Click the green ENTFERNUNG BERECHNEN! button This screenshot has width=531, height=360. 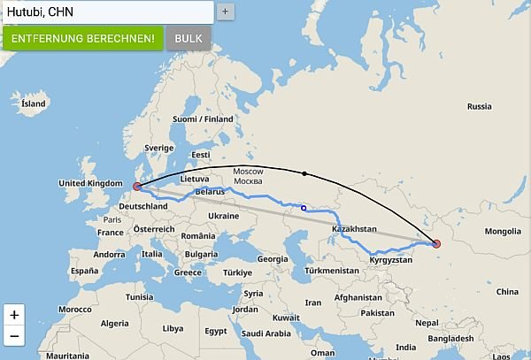(x=82, y=38)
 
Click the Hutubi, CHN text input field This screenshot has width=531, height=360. (x=106, y=11)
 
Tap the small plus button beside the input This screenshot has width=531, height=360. (x=226, y=11)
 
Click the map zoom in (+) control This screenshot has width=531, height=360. (x=14, y=314)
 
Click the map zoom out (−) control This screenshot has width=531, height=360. (x=14, y=336)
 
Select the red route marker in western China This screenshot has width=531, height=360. (x=435, y=244)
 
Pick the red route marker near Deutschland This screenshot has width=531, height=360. (x=136, y=186)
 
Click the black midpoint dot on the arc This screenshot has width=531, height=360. (x=304, y=173)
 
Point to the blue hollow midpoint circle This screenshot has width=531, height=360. (x=304, y=209)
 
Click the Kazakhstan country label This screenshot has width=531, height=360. (x=360, y=229)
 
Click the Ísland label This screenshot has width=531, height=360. (x=33, y=103)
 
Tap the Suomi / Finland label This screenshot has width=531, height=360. (x=203, y=119)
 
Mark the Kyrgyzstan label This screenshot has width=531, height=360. (x=391, y=261)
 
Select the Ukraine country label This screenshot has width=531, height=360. (x=222, y=215)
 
